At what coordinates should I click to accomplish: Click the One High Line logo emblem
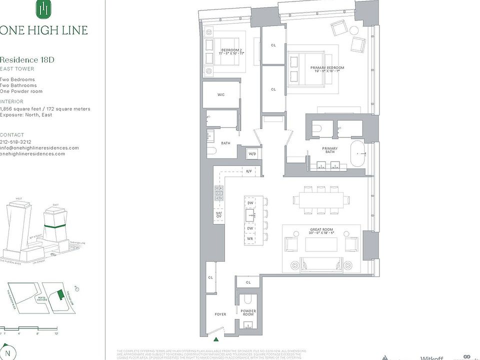tap(44, 9)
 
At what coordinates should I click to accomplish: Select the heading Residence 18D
tap(27, 60)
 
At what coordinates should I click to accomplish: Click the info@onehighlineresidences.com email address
tap(39, 148)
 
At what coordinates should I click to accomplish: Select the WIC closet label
tap(220, 94)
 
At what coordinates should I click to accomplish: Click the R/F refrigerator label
tap(248, 171)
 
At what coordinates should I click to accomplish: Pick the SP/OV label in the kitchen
tap(218, 215)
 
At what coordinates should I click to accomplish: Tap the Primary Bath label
tap(330, 150)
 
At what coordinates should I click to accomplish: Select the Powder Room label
tap(248, 313)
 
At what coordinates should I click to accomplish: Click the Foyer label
tap(220, 314)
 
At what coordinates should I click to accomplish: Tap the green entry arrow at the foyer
tap(216, 339)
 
